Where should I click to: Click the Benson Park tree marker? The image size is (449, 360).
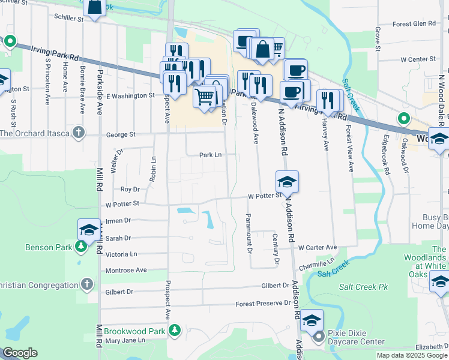[81, 247]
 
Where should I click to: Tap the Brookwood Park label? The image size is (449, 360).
[134, 331]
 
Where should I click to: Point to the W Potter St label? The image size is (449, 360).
[265, 196]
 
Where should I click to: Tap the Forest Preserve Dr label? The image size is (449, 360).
[264, 304]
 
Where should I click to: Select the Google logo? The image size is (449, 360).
[20, 353]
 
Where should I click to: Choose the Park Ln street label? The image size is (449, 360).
[211, 155]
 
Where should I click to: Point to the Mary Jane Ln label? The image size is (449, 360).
[125, 341]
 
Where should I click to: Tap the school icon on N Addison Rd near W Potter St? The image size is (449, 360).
[288, 181]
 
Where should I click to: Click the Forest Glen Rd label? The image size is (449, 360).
[414, 24]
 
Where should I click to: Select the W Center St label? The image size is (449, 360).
[418, 59]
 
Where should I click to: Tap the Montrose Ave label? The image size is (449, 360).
[126, 271]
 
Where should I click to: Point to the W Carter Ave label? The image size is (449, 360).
[318, 247]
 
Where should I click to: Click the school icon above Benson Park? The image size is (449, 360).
[89, 229]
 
